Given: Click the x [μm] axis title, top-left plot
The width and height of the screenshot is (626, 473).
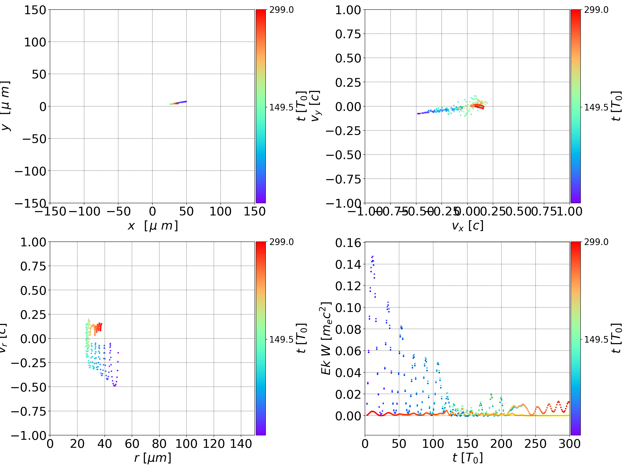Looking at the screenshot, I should pyautogui.click(x=153, y=226).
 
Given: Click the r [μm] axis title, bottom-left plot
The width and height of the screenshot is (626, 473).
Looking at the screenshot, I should pyautogui.click(x=153, y=458).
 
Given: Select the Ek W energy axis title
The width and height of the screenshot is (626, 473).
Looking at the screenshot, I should pyautogui.click(x=326, y=338).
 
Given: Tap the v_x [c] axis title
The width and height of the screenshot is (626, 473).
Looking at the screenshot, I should pyautogui.click(x=467, y=226).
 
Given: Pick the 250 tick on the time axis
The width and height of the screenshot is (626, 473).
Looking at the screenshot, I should pyautogui.click(x=535, y=444).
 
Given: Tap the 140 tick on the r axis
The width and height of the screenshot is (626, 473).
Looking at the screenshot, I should pyautogui.click(x=241, y=444).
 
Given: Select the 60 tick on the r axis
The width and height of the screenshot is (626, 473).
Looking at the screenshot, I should pyautogui.click(x=132, y=444).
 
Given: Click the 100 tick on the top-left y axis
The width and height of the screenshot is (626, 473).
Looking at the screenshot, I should pyautogui.click(x=35, y=42).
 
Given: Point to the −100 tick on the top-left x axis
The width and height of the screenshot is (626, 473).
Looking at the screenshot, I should pyautogui.click(x=84, y=212).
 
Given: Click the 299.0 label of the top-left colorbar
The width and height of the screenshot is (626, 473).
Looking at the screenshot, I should pyautogui.click(x=281, y=10).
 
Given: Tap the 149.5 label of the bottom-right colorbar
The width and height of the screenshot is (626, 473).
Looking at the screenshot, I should pyautogui.click(x=596, y=339).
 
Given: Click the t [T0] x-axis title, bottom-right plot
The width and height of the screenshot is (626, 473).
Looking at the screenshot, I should pyautogui.click(x=467, y=458).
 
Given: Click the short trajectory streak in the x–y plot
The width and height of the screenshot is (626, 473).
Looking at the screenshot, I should pyautogui.click(x=178, y=103).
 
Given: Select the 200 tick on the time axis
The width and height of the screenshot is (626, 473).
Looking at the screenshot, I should pyautogui.click(x=501, y=444).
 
